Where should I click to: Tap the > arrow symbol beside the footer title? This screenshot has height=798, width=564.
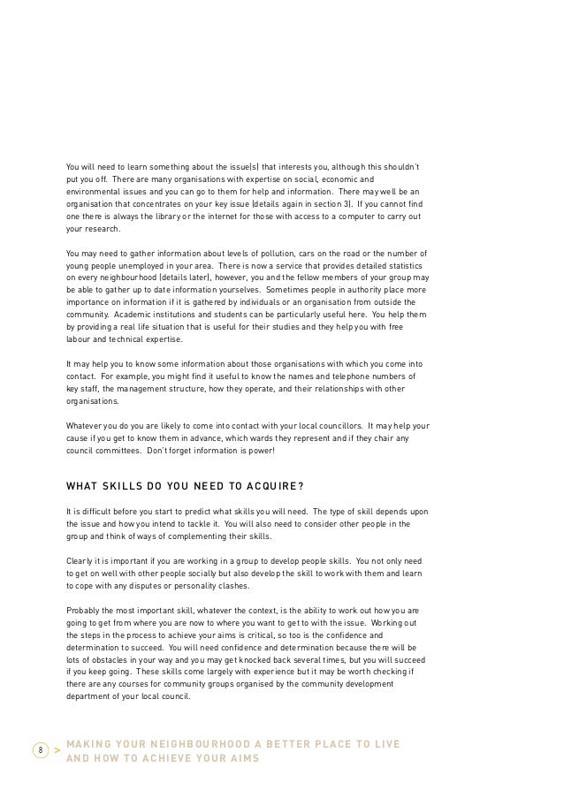point(57,751)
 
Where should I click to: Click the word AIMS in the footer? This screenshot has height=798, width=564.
point(239,758)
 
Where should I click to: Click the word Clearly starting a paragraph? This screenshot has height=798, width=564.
point(81,560)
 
